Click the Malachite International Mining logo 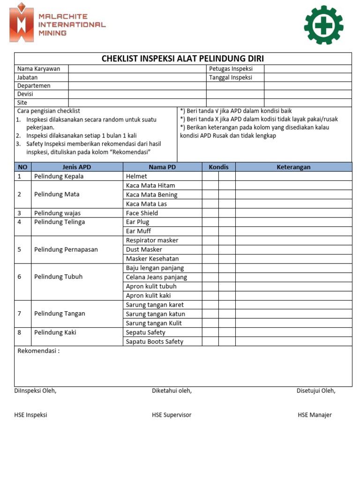pos(57,22)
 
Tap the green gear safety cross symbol pos(323,25)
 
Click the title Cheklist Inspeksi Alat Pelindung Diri pos(183,59)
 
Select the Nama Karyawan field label pos(39,69)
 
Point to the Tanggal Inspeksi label pos(231,77)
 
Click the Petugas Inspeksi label pos(231,69)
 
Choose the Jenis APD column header pos(77,167)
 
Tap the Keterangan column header pos(293,167)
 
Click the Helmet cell pos(136,176)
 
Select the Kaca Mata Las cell pos(146,204)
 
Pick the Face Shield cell pos(142,213)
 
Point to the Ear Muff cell pos(139,231)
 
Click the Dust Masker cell pos(144,249)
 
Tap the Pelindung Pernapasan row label pos(66,249)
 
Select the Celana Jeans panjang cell pos(157,277)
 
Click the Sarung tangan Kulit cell pos(154,323)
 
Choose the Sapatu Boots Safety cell pos(155,341)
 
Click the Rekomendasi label pos(38,351)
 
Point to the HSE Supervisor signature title pos(172,415)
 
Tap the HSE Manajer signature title pos(315,415)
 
